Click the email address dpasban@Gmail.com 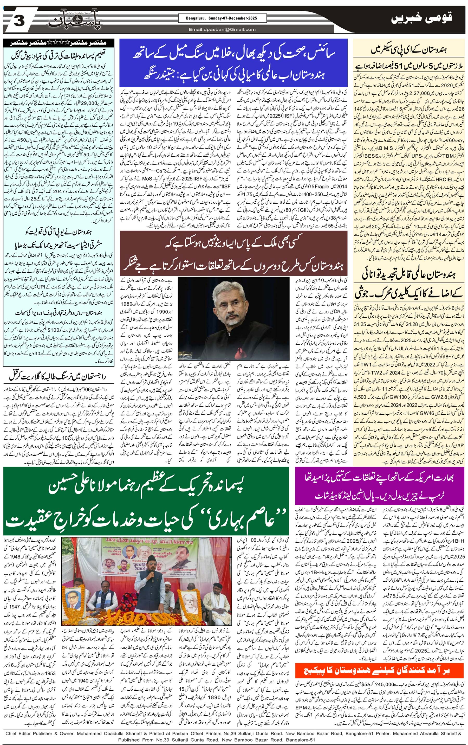click(x=222, y=29)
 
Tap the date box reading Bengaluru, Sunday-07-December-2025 click(x=222, y=18)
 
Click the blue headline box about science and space click(x=233, y=63)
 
